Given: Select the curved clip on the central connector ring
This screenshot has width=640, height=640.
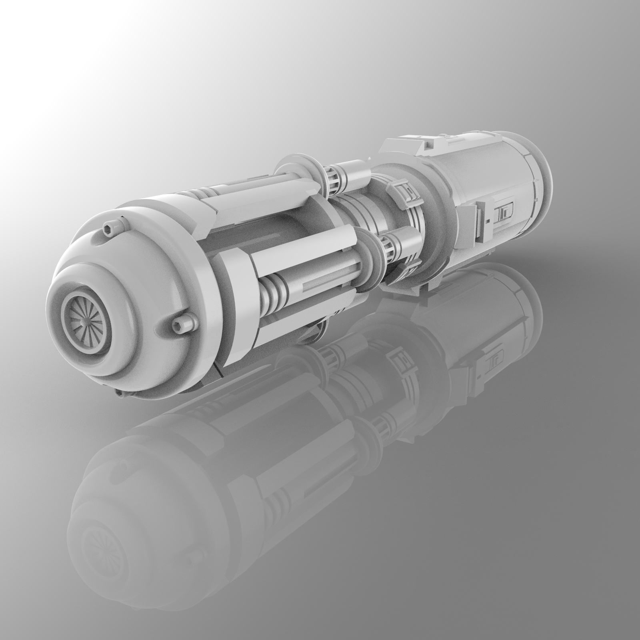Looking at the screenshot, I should click(x=405, y=191).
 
